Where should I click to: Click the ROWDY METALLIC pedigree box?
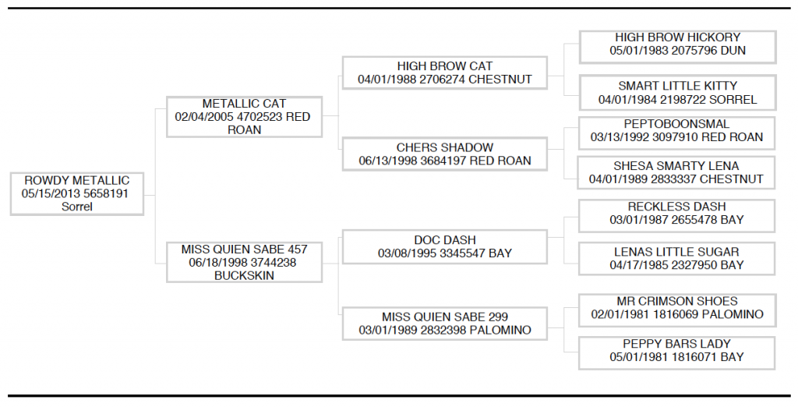pyautogui.click(x=77, y=193)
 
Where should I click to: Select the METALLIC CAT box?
pyautogui.click(x=244, y=117)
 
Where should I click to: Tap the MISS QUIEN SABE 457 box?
pyautogui.click(x=244, y=262)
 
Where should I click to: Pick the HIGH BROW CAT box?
pyautogui.click(x=445, y=73)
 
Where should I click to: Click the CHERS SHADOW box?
pyautogui.click(x=445, y=154)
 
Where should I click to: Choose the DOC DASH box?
pyautogui.click(x=445, y=246)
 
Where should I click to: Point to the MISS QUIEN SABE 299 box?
pyautogui.click(x=445, y=324)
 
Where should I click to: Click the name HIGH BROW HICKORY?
pyautogui.click(x=677, y=37)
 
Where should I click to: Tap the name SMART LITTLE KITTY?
pyautogui.click(x=677, y=86)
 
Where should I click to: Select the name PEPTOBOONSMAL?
pyautogui.click(x=676, y=124)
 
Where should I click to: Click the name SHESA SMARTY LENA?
pyautogui.click(x=676, y=166)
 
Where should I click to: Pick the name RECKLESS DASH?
pyautogui.click(x=676, y=207)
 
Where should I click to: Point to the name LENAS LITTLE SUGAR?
pyautogui.click(x=676, y=252)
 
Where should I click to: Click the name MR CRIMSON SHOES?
pyautogui.click(x=677, y=302)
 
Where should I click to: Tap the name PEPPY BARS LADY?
pyautogui.click(x=676, y=345)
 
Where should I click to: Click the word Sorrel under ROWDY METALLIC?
pyautogui.click(x=77, y=207)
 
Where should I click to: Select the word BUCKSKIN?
pyautogui.click(x=244, y=275)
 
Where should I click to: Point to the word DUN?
pyautogui.click(x=733, y=51)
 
